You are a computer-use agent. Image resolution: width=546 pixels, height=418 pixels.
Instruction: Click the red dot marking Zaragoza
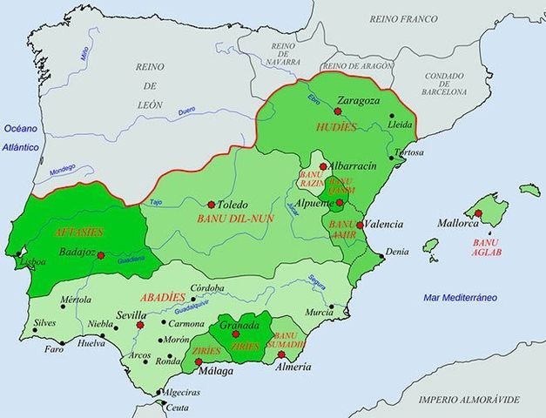(337, 111)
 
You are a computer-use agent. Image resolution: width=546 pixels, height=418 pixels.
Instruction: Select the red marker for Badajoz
(102, 255)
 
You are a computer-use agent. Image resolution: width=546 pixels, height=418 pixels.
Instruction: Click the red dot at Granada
(235, 334)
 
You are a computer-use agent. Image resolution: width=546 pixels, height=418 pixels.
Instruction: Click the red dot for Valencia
(360, 224)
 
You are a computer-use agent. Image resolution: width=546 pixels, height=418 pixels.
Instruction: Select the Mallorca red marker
(478, 213)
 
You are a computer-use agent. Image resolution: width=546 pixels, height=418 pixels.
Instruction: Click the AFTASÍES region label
(78, 233)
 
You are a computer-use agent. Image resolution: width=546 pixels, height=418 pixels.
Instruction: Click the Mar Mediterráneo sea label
(461, 298)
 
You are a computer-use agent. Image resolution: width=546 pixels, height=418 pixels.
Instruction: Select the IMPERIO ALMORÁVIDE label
(468, 400)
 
